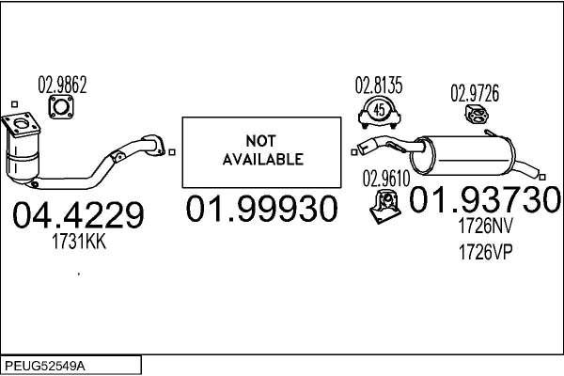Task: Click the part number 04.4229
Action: pyautogui.click(x=78, y=215)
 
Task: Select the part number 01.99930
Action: pyautogui.click(x=261, y=208)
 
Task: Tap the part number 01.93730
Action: pyautogui.click(x=485, y=199)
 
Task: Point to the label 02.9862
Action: pyautogui.click(x=62, y=86)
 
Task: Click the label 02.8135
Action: pyautogui.click(x=379, y=86)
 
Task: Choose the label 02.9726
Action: pyautogui.click(x=475, y=93)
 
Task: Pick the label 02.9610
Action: pyautogui.click(x=386, y=179)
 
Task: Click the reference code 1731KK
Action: pyautogui.click(x=79, y=242)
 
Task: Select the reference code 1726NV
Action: pyautogui.click(x=485, y=226)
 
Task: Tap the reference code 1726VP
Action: pyautogui.click(x=485, y=252)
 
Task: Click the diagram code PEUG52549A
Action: pyautogui.click(x=45, y=367)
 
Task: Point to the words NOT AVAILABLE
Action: pyautogui.click(x=262, y=150)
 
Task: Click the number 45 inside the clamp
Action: pyautogui.click(x=379, y=110)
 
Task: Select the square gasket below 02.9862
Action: pyautogui.click(x=61, y=107)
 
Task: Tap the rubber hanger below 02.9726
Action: pyautogui.click(x=477, y=115)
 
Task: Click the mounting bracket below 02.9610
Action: pyautogui.click(x=385, y=207)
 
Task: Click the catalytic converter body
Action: pyautogui.click(x=23, y=158)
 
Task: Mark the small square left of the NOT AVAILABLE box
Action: pyautogui.click(x=172, y=152)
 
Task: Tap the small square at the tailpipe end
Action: pyautogui.click(x=542, y=177)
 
